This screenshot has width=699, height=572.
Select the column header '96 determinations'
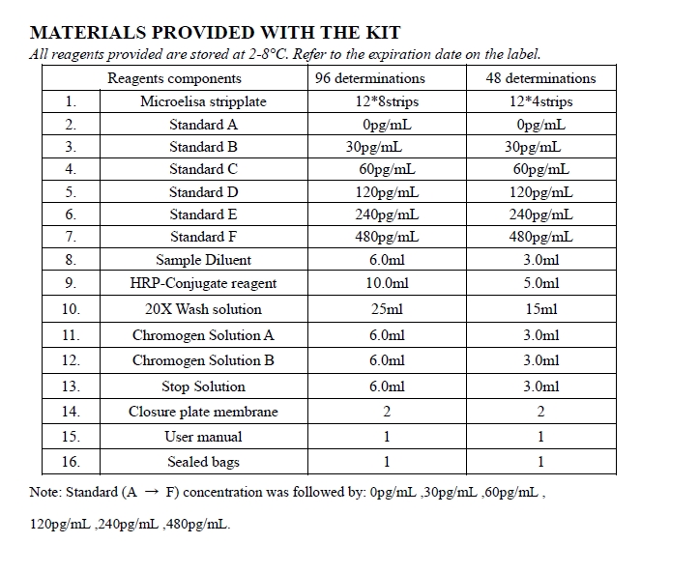370,78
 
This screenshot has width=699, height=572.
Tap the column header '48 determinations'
540,78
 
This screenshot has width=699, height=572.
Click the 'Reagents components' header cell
175,78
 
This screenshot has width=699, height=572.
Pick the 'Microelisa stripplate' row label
203,101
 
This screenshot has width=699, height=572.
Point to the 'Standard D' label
203,192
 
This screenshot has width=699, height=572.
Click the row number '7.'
71,237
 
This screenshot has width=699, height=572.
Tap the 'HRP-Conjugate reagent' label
203,283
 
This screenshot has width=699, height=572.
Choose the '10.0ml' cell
387,283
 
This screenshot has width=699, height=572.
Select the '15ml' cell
541,309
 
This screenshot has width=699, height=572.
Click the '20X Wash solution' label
203,309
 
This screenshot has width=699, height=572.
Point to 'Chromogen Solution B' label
203,360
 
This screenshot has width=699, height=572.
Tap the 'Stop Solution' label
203,386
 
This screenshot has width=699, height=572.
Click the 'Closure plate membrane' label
203,412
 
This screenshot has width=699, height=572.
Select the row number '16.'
71,462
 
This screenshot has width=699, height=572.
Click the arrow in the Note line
151,493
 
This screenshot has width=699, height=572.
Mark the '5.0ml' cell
541,283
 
